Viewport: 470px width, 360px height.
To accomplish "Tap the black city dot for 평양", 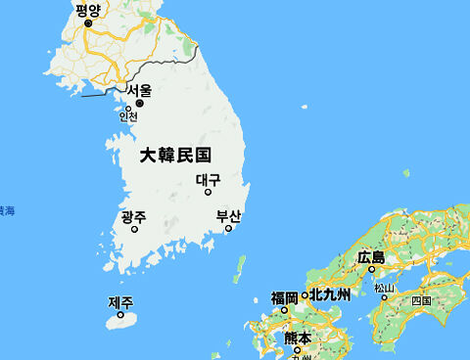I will (87, 22).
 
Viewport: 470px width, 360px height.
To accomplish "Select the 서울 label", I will (139, 91).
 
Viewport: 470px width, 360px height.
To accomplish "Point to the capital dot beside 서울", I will (139, 103).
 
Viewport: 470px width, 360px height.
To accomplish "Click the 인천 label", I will (128, 116).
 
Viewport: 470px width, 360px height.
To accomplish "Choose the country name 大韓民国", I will (175, 155).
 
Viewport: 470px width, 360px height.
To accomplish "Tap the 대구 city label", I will (208, 180).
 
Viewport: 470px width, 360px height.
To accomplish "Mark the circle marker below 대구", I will (208, 193).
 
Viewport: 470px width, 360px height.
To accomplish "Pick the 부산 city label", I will (228, 216).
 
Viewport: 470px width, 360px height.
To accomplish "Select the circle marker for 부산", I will (228, 229).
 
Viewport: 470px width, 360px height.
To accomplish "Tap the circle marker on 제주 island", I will (120, 314).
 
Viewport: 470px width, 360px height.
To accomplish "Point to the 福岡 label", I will (284, 296).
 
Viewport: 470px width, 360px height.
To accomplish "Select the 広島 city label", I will (371, 256).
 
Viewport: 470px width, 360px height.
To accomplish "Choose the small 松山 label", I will (384, 288).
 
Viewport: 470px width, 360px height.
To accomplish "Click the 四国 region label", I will (421, 300).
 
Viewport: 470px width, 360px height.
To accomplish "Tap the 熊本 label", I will (297, 337).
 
